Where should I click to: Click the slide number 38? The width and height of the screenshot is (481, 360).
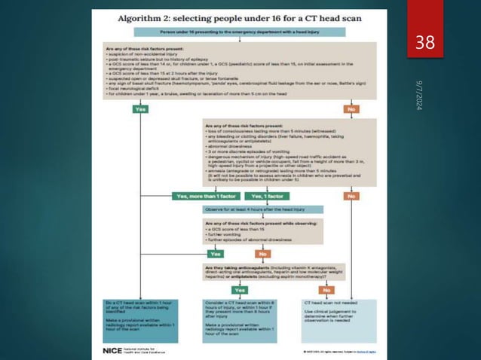[x=427, y=43]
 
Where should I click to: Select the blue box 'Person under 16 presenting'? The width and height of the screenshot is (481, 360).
[x=239, y=32]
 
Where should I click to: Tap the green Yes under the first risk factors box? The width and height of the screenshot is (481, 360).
[x=140, y=108]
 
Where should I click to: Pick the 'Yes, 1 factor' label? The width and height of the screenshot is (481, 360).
[x=268, y=197]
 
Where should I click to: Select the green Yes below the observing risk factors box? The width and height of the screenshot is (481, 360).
[x=223, y=254]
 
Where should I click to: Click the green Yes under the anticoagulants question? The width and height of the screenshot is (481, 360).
[x=239, y=289]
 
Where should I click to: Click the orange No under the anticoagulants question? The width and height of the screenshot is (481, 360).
[x=326, y=289]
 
